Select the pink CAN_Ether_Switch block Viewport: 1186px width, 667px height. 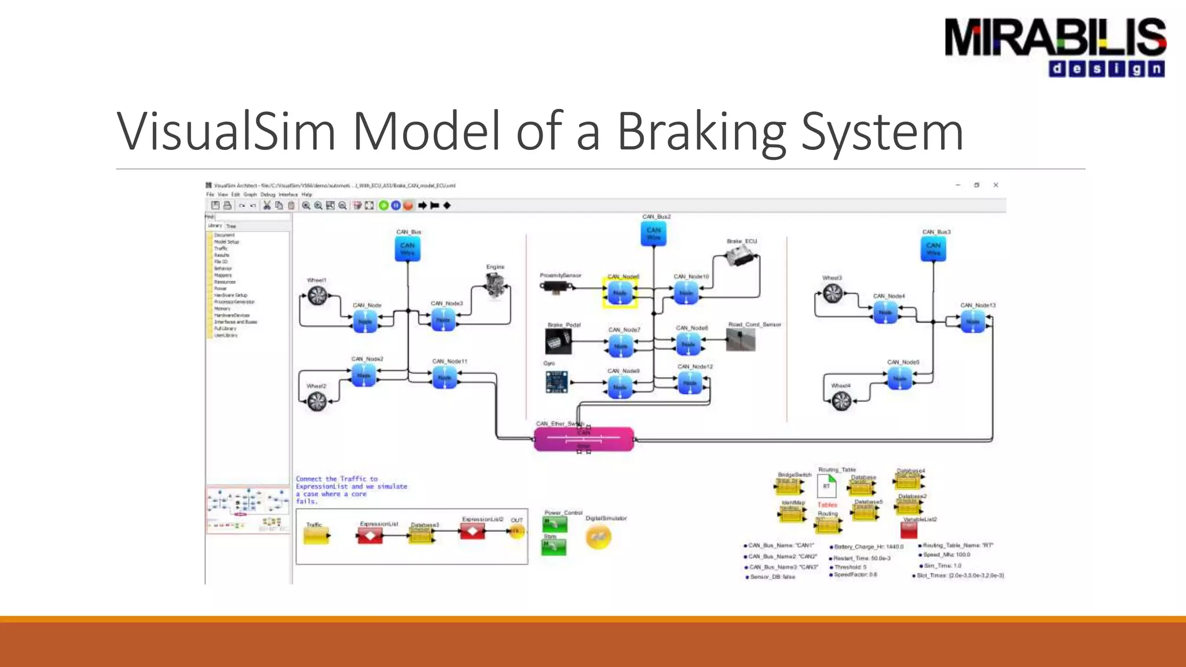tap(584, 439)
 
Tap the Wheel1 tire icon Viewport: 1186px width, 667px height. tap(317, 296)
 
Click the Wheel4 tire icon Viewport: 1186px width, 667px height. tap(841, 400)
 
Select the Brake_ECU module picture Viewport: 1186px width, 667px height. tap(742, 255)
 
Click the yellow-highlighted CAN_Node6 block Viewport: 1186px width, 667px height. tap(620, 293)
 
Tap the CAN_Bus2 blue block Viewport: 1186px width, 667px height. tap(653, 234)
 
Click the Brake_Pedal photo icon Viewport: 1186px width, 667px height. tap(558, 341)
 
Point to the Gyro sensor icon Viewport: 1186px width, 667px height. tap(557, 382)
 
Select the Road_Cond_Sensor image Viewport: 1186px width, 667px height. tap(741, 340)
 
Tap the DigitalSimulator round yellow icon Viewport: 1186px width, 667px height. tap(598, 537)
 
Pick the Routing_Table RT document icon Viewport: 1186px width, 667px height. tap(827, 486)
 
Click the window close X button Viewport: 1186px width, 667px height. tap(995, 185)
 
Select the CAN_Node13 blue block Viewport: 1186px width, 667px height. tap(972, 321)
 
